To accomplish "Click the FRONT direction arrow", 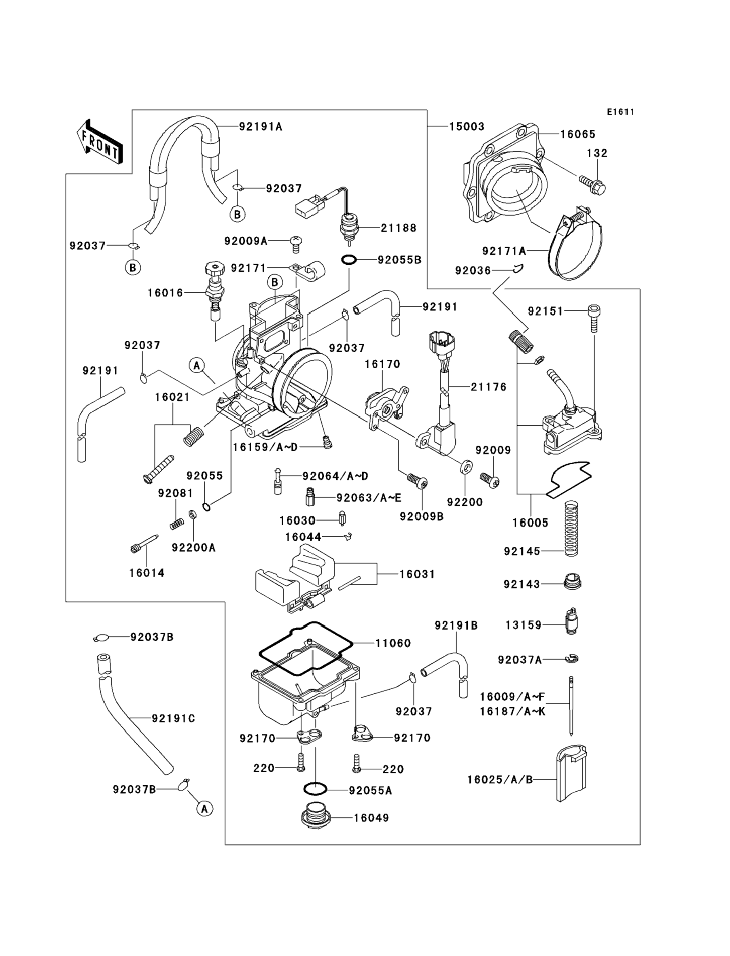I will [100, 142].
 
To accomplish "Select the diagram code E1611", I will [620, 112].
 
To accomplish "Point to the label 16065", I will [577, 134].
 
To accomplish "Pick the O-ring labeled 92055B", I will [348, 260].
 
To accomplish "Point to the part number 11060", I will [393, 643].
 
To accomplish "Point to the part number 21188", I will [399, 228].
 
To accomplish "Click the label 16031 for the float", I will [417, 574].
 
